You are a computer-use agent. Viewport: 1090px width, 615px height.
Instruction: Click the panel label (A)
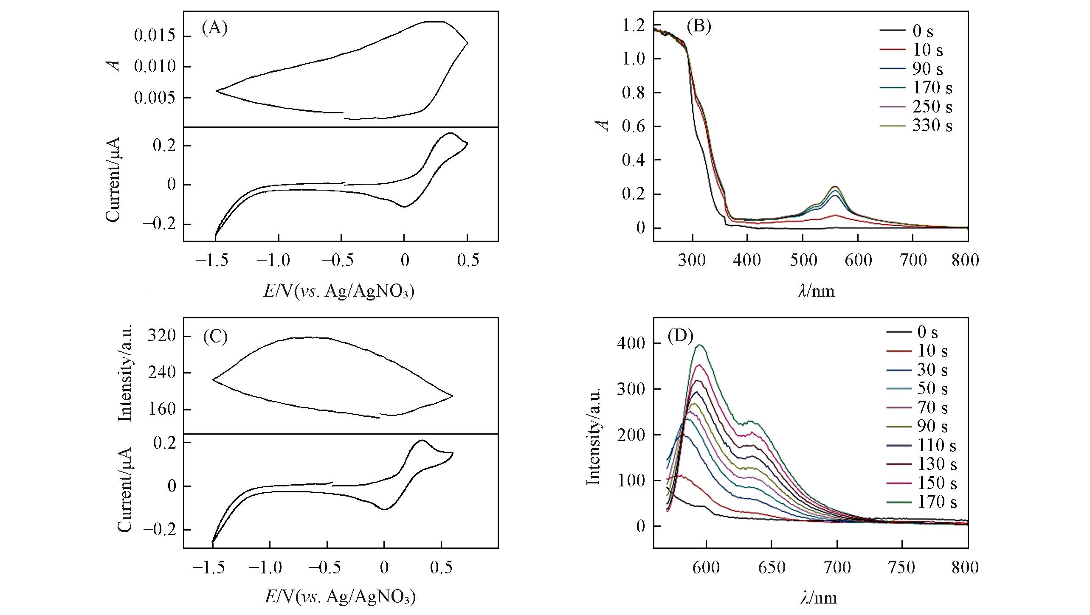pos(215,28)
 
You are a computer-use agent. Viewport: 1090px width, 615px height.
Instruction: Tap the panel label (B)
pos(699,26)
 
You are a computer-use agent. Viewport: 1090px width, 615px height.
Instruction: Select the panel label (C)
pos(215,337)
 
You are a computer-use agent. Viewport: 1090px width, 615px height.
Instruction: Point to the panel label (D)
pos(680,337)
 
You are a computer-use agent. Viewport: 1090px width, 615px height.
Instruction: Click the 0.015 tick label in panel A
pos(155,36)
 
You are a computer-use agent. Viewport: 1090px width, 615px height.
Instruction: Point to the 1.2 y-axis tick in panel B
pos(633,25)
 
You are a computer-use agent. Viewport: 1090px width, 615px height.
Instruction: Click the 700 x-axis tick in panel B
pos(913,260)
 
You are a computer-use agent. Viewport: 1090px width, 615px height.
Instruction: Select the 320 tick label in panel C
pos(161,337)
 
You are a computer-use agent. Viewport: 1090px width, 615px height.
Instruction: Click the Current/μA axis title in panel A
pos(113,180)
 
